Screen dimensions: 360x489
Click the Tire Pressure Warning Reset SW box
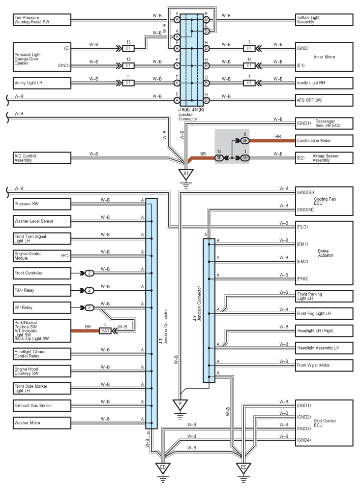(x=42, y=20)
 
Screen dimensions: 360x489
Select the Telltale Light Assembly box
(x=324, y=20)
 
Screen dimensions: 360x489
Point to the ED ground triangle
(x=163, y=468)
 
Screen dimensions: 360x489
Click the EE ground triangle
(x=244, y=468)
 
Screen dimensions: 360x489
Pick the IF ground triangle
(x=180, y=405)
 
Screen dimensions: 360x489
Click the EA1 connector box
(x=105, y=330)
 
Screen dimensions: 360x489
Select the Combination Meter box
(x=324, y=141)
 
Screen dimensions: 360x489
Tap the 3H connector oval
(x=245, y=158)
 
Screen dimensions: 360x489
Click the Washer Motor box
(x=42, y=423)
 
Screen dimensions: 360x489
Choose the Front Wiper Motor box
(x=324, y=365)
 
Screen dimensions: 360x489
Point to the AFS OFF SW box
(x=324, y=100)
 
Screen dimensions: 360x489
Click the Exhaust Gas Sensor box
(x=42, y=406)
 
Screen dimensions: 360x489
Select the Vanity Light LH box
(x=42, y=83)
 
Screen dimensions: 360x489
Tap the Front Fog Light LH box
(x=324, y=314)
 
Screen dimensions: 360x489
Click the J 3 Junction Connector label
(x=163, y=326)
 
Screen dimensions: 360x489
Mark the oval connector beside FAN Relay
(x=89, y=290)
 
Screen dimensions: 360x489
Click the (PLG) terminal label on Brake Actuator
(x=302, y=227)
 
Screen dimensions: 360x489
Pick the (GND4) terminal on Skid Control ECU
(x=304, y=440)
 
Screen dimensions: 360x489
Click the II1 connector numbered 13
(x=128, y=48)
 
